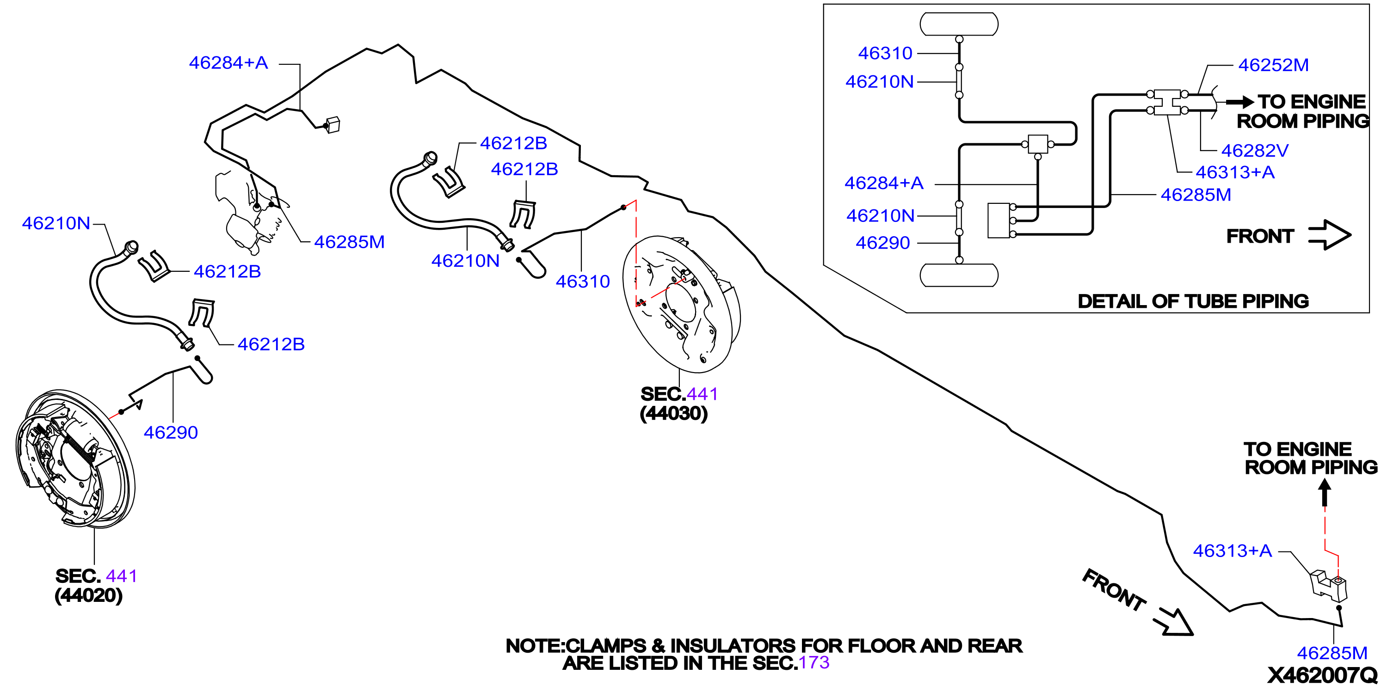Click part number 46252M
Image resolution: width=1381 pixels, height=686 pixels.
coord(1273,65)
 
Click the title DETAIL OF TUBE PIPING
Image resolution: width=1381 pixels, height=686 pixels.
coord(1193,301)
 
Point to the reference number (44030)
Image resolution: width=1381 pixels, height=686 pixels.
coord(674,413)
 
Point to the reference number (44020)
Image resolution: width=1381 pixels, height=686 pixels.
coord(88,595)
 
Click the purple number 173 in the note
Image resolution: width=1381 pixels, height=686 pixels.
coord(814,663)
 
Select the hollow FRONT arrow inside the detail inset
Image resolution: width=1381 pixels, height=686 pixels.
coord(1330,235)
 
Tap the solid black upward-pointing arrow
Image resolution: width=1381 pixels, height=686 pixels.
coord(1325,492)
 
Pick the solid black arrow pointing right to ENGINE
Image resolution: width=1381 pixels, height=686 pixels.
coord(1240,101)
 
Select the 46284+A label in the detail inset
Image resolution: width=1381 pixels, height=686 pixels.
coord(884,184)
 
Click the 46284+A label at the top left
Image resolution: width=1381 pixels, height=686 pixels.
coord(228,63)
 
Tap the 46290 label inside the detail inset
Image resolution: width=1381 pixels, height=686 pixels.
coord(882,243)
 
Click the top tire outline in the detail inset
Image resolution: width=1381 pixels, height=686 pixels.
coord(959,24)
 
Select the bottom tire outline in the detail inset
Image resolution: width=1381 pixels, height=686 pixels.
coord(959,276)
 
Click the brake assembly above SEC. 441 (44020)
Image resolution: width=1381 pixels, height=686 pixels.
coord(75,458)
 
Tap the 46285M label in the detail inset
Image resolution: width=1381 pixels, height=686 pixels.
coord(1196,195)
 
